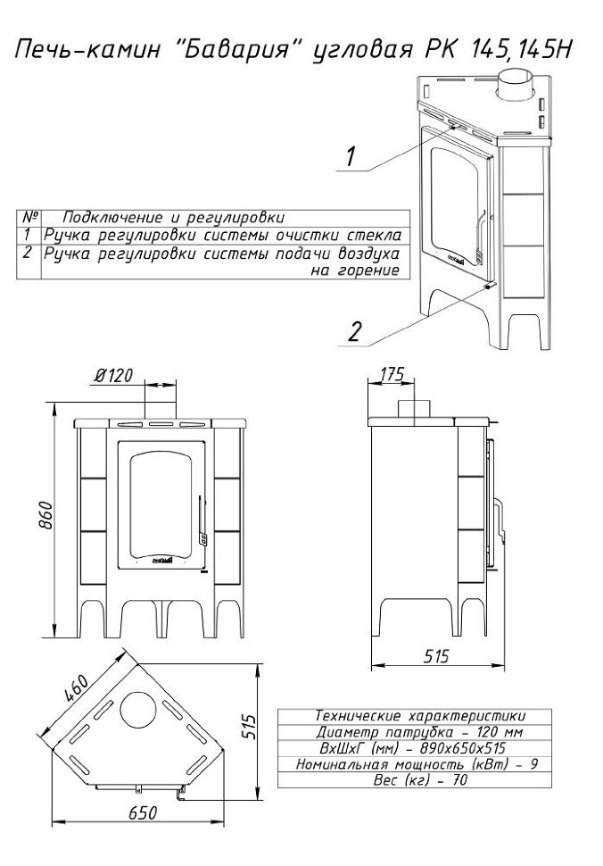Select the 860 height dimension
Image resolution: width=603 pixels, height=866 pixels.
(47, 515)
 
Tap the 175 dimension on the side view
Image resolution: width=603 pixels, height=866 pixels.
(392, 374)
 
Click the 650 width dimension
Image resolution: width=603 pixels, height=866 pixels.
(143, 812)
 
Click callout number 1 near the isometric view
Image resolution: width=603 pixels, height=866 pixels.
(351, 156)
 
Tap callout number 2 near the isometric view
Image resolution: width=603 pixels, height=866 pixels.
(353, 331)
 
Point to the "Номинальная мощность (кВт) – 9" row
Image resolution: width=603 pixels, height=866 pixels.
(417, 764)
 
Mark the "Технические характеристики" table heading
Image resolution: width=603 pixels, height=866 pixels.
(419, 716)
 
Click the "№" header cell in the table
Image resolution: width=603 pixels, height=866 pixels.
(31, 216)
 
